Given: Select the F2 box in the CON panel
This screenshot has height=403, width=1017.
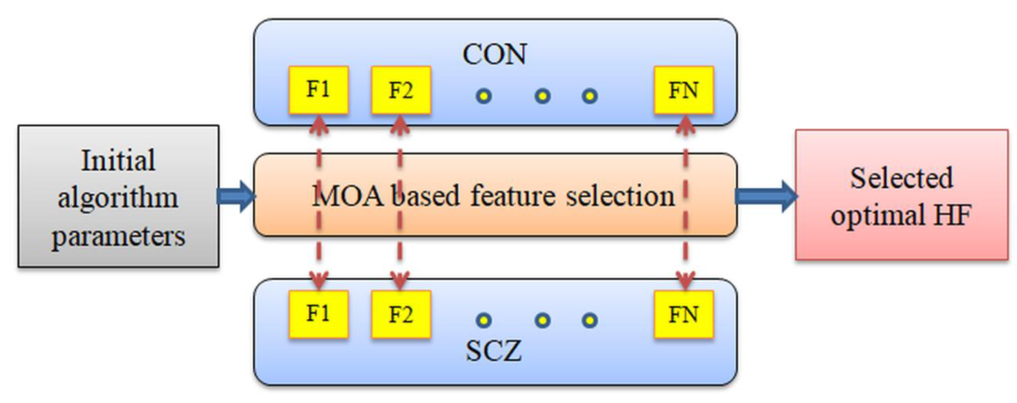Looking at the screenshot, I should click(401, 90).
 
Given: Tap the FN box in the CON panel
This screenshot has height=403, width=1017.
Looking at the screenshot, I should click(684, 90).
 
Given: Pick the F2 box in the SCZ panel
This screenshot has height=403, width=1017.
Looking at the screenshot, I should click(401, 314).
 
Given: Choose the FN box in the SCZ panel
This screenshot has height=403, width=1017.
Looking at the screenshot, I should click(684, 314).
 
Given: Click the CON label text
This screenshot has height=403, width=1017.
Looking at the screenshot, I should click(494, 55).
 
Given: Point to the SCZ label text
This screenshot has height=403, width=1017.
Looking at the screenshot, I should click(494, 351).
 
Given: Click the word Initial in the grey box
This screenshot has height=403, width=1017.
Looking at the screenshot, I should click(118, 161).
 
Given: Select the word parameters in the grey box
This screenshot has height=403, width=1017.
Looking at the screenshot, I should click(118, 236).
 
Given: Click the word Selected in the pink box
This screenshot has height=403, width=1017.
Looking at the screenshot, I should click(901, 178).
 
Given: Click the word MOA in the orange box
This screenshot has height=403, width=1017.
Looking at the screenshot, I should click(347, 196).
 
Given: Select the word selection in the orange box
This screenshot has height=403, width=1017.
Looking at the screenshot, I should click(620, 196).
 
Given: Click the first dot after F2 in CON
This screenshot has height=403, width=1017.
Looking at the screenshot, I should click(484, 96).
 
